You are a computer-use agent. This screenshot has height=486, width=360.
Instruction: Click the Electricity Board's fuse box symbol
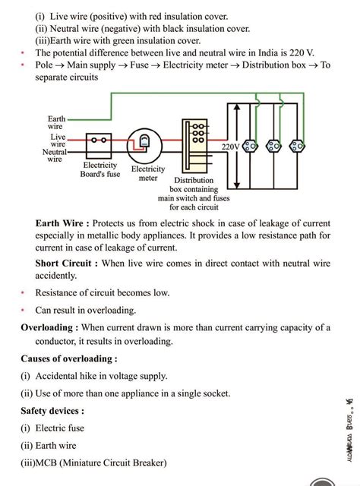99,141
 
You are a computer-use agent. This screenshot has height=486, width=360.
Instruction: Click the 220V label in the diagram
231,145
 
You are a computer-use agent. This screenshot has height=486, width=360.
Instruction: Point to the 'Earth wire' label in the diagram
57,123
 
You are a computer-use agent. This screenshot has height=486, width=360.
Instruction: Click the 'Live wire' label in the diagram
58,140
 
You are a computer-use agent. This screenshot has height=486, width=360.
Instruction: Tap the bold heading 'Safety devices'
52,411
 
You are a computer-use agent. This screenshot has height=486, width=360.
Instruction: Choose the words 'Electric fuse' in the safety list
60,428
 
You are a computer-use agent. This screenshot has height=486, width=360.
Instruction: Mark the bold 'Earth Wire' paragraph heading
62,223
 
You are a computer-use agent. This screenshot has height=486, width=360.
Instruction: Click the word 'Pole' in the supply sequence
46,66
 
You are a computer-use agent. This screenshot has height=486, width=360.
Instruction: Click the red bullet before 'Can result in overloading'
24,310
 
